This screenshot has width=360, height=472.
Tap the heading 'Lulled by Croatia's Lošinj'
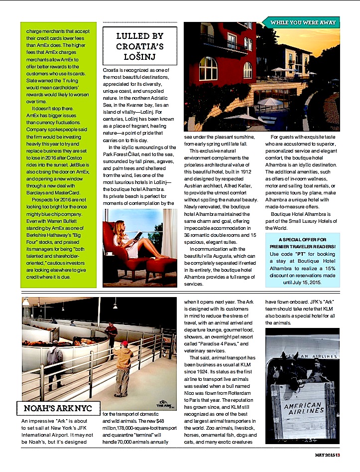coord(139,44)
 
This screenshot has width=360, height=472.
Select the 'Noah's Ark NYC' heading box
coord(58,409)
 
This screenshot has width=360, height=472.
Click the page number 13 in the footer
coord(337,468)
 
